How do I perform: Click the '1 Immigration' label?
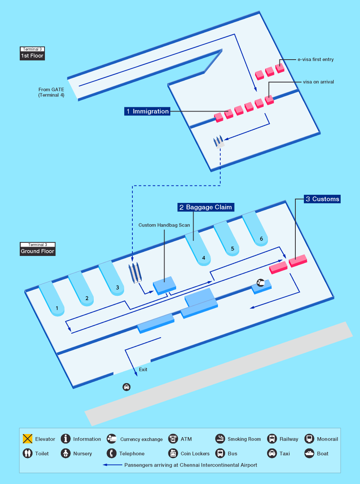(x=147, y=112)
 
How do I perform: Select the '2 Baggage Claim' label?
(x=206, y=207)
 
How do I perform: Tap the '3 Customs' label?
(x=322, y=199)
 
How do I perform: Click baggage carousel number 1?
(x=57, y=309)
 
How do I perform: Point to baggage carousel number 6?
(x=261, y=239)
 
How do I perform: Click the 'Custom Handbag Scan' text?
(x=164, y=225)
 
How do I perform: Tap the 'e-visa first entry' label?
(x=315, y=60)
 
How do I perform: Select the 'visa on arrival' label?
(x=318, y=82)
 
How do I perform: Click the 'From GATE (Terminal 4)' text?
(x=51, y=92)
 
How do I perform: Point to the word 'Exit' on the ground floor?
(x=143, y=369)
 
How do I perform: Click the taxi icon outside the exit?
(x=126, y=387)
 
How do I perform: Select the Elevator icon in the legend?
(x=27, y=439)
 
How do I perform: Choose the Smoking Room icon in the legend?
(x=220, y=439)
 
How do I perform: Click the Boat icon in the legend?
(x=309, y=453)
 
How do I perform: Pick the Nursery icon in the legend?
(x=66, y=453)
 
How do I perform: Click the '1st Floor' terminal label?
(x=32, y=56)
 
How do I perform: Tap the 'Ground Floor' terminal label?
(x=38, y=251)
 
